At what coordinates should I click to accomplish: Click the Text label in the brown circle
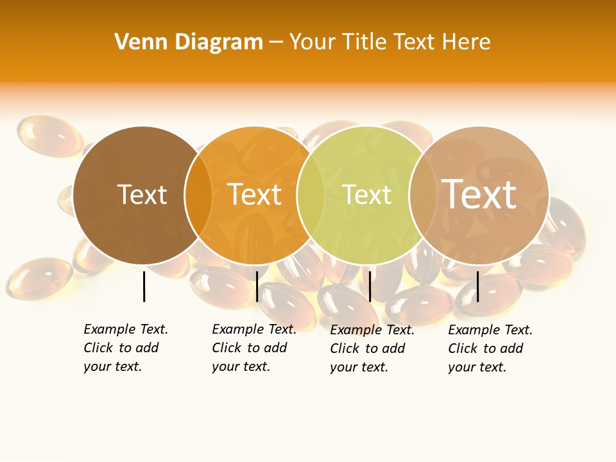[x=142, y=194]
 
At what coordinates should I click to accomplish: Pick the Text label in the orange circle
[x=255, y=194]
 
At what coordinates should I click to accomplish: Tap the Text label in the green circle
[x=367, y=194]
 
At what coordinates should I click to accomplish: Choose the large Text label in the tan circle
[x=479, y=194]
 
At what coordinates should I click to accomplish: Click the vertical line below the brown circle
[x=144, y=286]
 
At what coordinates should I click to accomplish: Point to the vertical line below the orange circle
[x=257, y=286]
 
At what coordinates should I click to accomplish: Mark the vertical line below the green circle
[x=370, y=286]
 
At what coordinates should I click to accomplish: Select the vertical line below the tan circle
[x=478, y=286]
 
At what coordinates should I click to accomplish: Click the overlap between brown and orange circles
[x=198, y=195]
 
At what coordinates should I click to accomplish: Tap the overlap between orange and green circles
[x=311, y=195]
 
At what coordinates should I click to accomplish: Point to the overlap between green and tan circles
[x=423, y=195]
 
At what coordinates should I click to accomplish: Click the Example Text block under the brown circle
[x=126, y=348]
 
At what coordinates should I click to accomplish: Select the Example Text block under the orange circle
[x=254, y=348]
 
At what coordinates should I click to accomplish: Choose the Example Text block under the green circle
[x=372, y=348]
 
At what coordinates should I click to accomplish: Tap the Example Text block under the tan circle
[x=490, y=348]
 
